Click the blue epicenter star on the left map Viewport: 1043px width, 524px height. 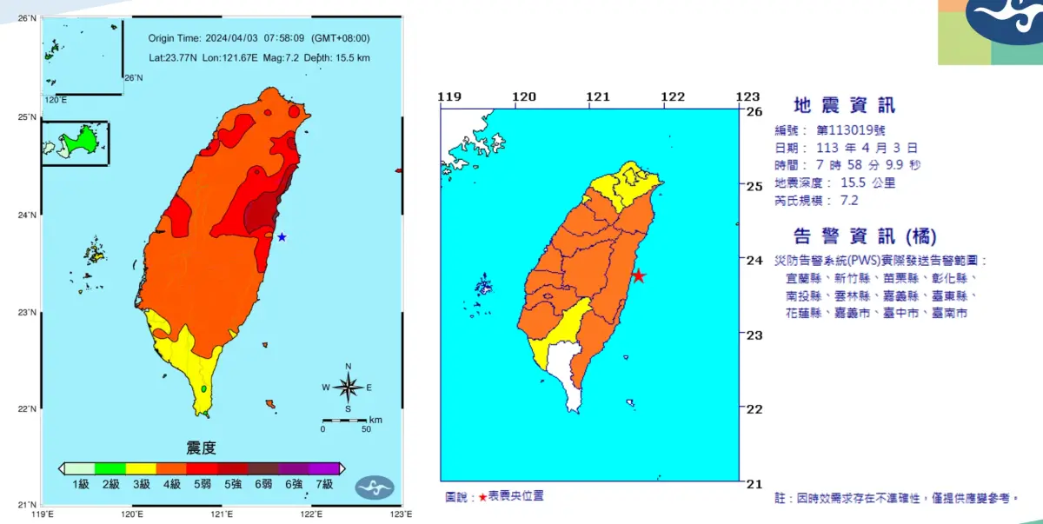pos(282,236)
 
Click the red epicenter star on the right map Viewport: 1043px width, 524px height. pos(638,276)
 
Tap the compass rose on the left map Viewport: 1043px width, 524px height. pos(348,388)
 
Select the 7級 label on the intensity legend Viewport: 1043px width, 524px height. pos(325,484)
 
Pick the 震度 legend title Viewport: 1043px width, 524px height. pos(201,448)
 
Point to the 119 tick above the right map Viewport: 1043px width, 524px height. pos(448,96)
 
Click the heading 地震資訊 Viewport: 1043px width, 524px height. pos(845,106)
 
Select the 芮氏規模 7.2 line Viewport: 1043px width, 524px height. pos(816,200)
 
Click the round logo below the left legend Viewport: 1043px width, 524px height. pos(375,488)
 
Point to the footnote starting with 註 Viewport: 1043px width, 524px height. pos(896,498)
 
